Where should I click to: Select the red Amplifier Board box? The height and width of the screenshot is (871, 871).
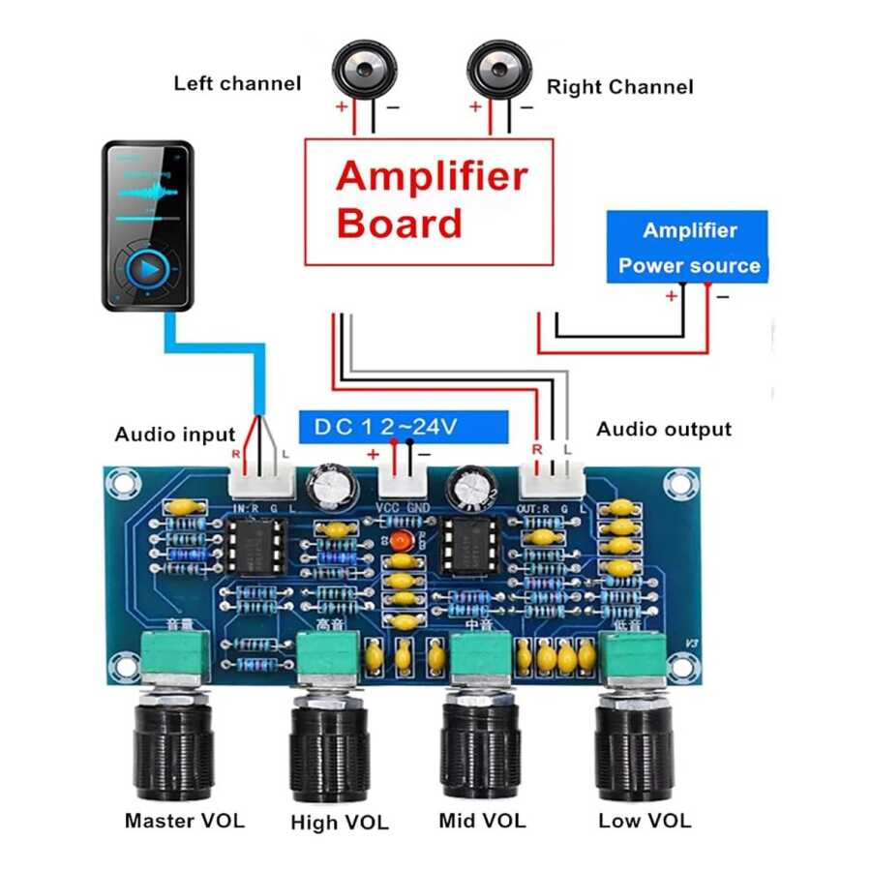click(x=429, y=201)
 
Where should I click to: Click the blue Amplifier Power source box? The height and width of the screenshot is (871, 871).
click(x=687, y=247)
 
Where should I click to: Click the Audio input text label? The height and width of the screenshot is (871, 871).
click(x=175, y=435)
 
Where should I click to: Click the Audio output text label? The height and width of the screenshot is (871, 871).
click(x=664, y=429)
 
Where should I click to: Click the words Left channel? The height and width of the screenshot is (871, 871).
click(x=237, y=83)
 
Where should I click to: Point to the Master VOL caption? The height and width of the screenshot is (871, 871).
click(x=185, y=822)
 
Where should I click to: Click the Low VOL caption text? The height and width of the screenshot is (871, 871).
click(x=645, y=821)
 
